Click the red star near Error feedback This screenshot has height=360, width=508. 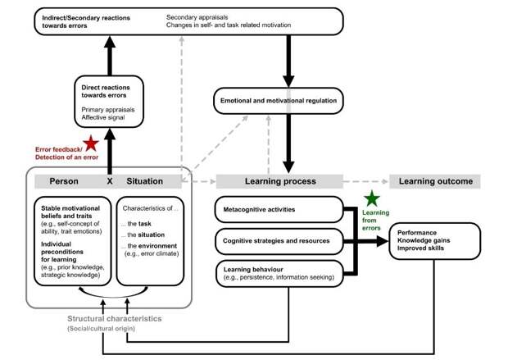tap(91, 144)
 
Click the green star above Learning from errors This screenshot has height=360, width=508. tap(372, 198)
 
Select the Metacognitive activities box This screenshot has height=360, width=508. tap(279, 209)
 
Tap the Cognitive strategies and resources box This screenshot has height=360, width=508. tap(279, 241)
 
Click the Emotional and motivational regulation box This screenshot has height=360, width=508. tap(279, 101)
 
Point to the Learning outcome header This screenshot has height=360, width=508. tap(435, 181)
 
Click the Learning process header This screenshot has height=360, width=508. tap(279, 181)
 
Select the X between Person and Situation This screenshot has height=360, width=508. tap(110, 181)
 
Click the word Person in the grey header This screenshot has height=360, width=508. tap(64, 181)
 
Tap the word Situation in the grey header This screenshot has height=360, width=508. tap(144, 181)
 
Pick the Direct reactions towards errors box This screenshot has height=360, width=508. tap(109, 102)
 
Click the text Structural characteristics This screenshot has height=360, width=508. tap(115, 319)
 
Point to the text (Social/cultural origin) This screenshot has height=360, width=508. tap(101, 329)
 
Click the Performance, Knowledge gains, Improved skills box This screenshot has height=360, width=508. tap(435, 241)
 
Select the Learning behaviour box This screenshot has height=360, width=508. tap(279, 273)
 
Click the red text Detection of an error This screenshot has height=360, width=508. tap(66, 157)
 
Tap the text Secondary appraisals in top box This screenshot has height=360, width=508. tap(197, 17)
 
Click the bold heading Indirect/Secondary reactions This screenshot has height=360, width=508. tap(86, 18)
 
